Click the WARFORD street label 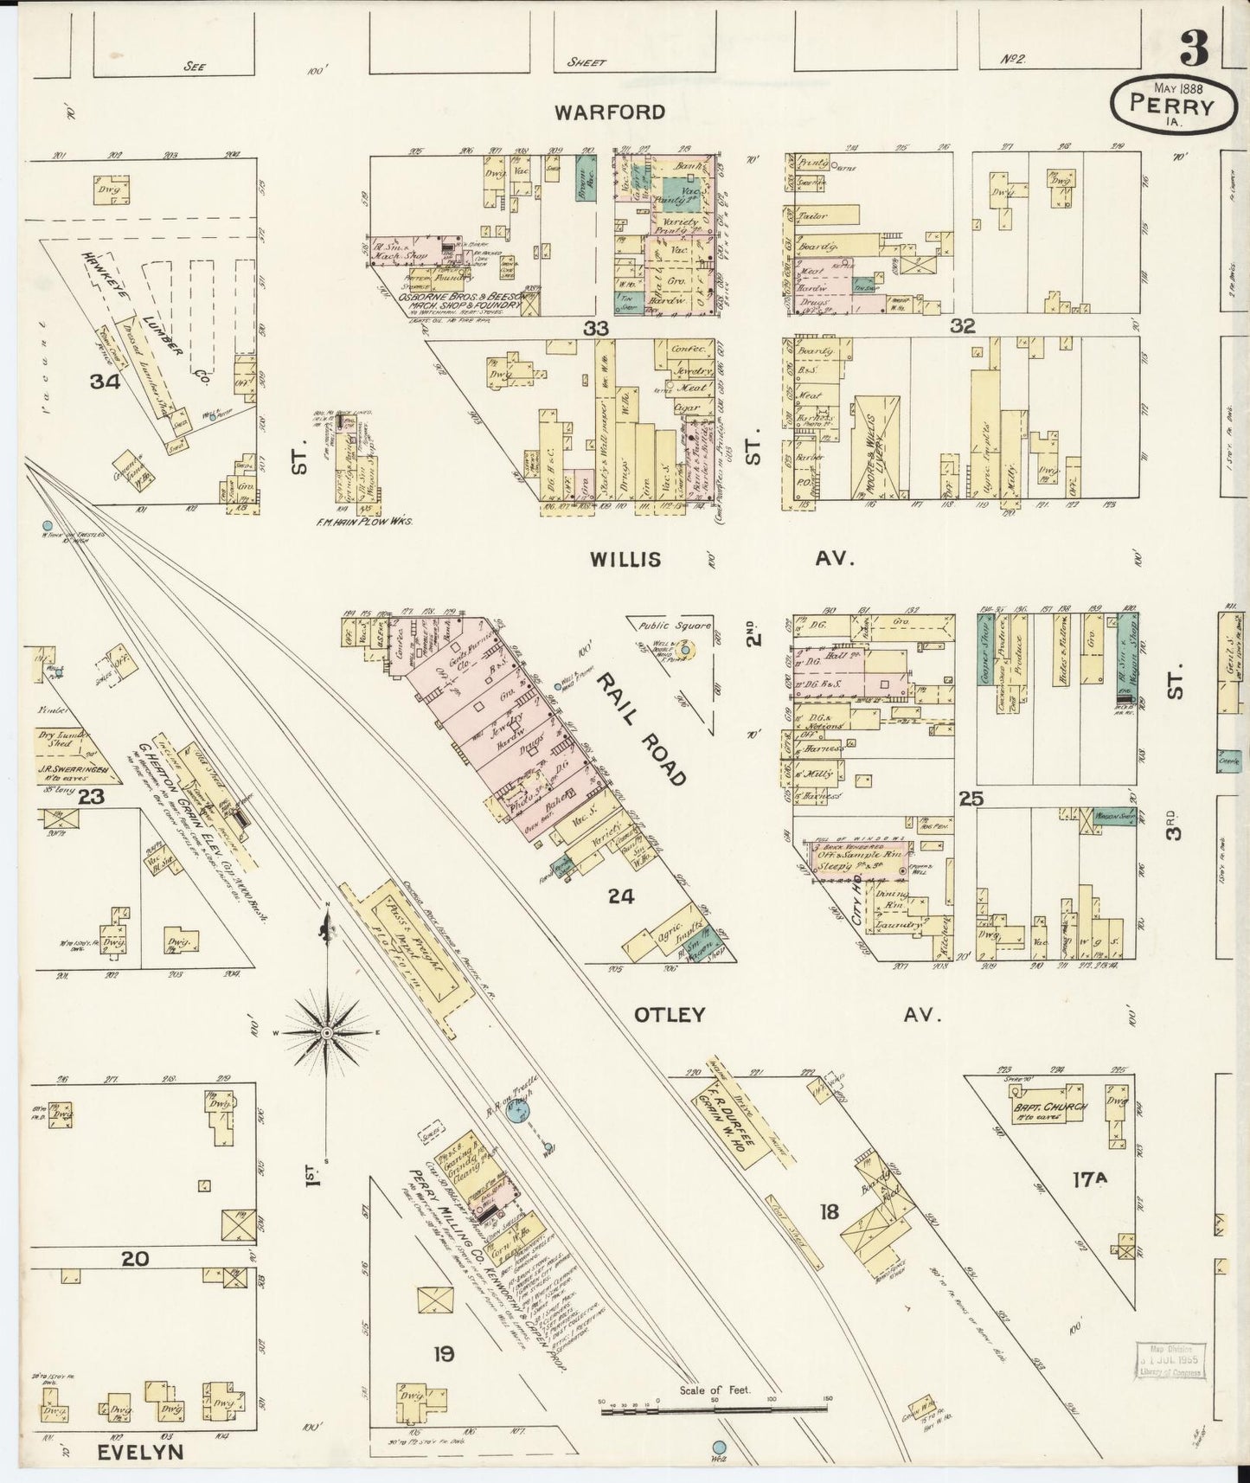tap(611, 112)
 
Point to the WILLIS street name tap(625, 560)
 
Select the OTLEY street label tap(670, 1015)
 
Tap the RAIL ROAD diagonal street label tap(640, 717)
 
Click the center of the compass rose tap(328, 1033)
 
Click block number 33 tap(596, 328)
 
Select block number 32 tap(962, 326)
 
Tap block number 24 tap(621, 896)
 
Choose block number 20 tap(134, 1259)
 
